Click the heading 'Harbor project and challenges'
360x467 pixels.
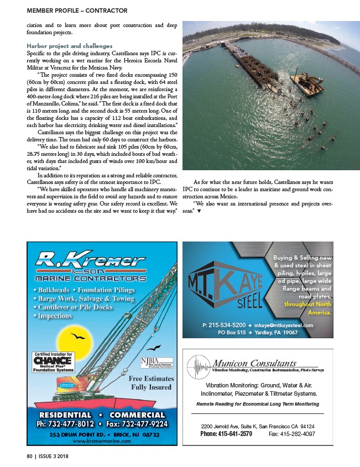[70, 45]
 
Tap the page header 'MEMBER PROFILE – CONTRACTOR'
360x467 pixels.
[76, 11]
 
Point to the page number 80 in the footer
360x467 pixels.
[30, 456]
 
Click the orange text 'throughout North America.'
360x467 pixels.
[307, 308]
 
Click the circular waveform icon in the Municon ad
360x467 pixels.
[200, 366]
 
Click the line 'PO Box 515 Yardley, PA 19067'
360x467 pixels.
[258, 333]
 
